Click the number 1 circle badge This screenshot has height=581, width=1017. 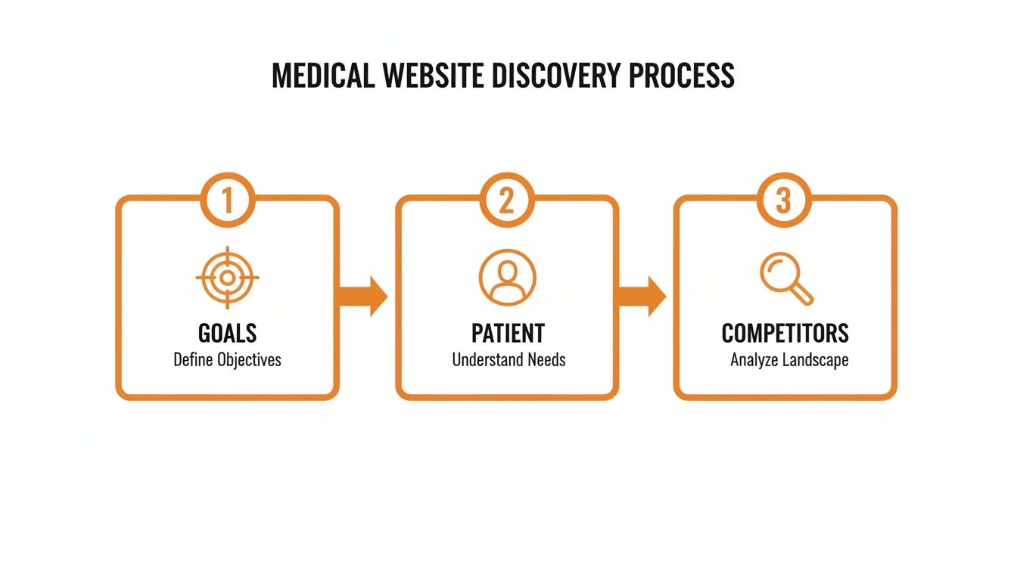point(227,200)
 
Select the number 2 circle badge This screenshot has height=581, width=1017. point(507,200)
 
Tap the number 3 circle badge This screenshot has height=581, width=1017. point(784,200)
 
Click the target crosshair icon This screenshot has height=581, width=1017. point(227,278)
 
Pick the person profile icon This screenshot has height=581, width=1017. point(507,278)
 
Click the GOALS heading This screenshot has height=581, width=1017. point(227,333)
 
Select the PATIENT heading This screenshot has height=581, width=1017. point(508,333)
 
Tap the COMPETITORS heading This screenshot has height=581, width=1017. point(785,333)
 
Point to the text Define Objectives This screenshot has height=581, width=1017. point(227,360)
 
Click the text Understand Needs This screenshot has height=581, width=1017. point(508,360)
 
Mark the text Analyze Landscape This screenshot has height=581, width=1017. point(789,361)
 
